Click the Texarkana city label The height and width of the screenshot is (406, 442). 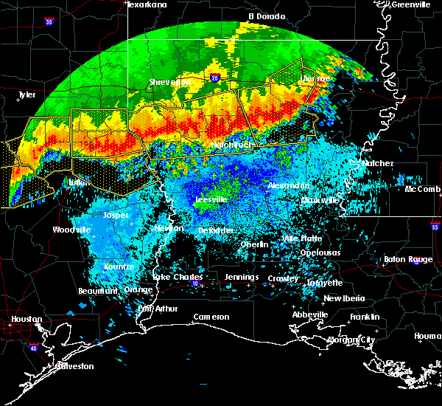[x=147, y=4]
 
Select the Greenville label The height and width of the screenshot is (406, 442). [x=410, y=4]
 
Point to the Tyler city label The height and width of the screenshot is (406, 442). [x=27, y=94]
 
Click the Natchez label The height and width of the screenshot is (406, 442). [x=378, y=163]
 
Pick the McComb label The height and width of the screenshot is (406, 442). [x=422, y=189]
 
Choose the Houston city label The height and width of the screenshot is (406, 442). [x=26, y=320]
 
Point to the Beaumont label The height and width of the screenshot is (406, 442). [x=97, y=291]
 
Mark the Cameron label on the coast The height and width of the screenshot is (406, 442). [x=211, y=317]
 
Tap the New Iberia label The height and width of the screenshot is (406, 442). [x=343, y=298]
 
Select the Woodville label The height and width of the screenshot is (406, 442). [x=71, y=230]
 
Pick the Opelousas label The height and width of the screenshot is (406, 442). [x=320, y=252]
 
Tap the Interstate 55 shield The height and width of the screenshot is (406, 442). [x=435, y=227]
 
